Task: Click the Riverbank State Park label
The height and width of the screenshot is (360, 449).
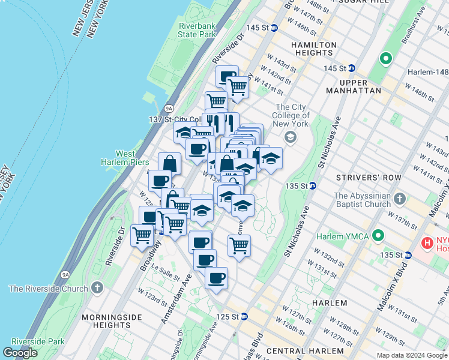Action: click(x=197, y=30)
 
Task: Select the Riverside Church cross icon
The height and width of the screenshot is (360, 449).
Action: click(x=97, y=289)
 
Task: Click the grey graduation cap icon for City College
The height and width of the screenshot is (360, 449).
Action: click(x=291, y=138)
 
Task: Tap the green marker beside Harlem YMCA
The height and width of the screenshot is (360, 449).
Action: click(x=378, y=234)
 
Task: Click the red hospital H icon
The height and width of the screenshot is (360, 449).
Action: click(x=427, y=243)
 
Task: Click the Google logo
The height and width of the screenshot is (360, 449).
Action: click(x=20, y=353)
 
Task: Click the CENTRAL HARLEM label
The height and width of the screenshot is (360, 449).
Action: click(x=305, y=350)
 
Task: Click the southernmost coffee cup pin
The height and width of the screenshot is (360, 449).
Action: click(x=216, y=278)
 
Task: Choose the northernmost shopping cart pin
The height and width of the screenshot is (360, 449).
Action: click(x=238, y=88)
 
